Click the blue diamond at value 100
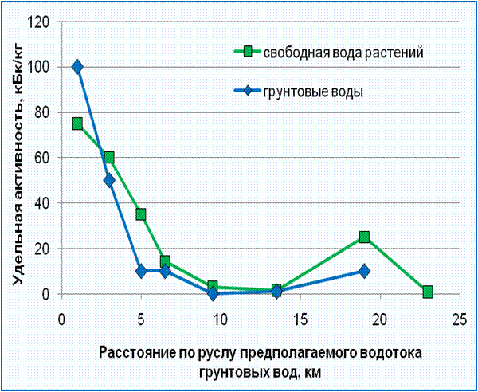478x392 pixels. point(77,67)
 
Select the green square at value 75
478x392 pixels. point(77,123)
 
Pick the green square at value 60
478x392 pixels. point(109,158)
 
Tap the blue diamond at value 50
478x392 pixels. point(109,180)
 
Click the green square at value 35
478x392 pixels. point(141,214)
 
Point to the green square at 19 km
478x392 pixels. point(364,237)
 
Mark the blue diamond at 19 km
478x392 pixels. point(364,271)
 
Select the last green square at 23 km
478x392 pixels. point(428,292)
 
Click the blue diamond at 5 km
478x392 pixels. point(141,271)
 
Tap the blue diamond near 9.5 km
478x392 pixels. point(213,293)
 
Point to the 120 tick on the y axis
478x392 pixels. point(39,22)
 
